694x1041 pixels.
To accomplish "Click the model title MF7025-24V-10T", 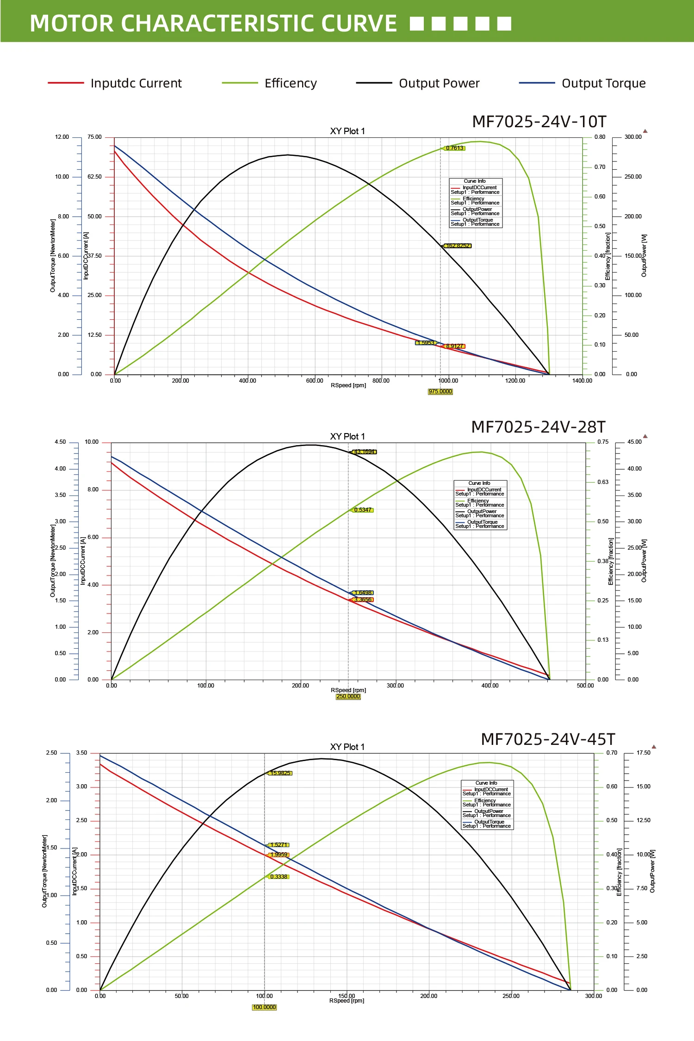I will [539, 122].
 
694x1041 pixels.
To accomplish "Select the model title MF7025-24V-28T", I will [538, 427].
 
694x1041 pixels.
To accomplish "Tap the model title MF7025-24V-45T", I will [548, 739].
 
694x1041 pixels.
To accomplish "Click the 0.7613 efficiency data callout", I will [454, 148].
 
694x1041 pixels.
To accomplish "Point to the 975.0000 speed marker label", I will [440, 391].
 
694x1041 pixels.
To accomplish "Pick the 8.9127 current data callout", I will [454, 346].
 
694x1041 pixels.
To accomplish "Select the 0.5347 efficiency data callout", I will [363, 510].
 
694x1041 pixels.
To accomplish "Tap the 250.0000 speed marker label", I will [348, 696].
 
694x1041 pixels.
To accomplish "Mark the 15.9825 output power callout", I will [280, 773].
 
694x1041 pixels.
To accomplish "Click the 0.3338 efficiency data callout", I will [279, 877].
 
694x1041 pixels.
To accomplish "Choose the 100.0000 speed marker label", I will [264, 1007].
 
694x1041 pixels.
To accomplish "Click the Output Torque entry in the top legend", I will [603, 83].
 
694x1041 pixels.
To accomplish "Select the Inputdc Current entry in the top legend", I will [136, 83].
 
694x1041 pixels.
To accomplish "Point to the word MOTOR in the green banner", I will [71, 23].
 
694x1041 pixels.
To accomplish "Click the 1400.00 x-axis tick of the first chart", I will [582, 381].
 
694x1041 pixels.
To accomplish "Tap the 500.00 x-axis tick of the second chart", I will [585, 686].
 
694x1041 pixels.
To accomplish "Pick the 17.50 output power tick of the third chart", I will [643, 753].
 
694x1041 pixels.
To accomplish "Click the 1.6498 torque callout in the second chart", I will [363, 593].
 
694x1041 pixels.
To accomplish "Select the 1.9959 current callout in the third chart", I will [279, 855].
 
